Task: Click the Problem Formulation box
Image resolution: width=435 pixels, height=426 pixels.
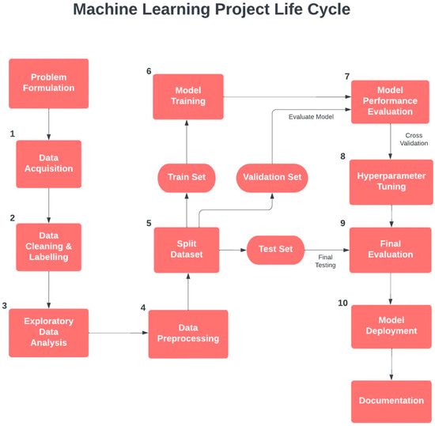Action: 48,83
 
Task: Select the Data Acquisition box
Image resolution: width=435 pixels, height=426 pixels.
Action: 48,164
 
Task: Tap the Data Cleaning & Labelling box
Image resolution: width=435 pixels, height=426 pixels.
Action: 48,247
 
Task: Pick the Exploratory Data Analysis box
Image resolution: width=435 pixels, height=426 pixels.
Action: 48,332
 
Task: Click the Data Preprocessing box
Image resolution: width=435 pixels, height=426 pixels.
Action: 187,333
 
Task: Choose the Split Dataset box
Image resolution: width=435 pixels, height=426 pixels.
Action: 186,250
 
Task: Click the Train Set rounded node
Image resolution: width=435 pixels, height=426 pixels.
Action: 186,177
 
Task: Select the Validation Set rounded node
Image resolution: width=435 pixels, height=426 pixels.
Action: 272,177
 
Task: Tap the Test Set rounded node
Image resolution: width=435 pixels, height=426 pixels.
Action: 275,250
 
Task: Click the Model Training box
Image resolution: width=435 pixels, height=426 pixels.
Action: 187,96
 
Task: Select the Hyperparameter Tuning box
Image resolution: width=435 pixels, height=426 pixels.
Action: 390,182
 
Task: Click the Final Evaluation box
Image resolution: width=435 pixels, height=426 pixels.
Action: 390,250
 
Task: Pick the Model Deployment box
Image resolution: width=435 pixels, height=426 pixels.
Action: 390,326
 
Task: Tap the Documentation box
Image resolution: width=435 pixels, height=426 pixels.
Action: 390,401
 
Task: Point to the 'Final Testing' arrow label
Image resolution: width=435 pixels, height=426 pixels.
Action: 326,261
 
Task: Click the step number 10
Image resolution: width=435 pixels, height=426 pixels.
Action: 342,303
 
